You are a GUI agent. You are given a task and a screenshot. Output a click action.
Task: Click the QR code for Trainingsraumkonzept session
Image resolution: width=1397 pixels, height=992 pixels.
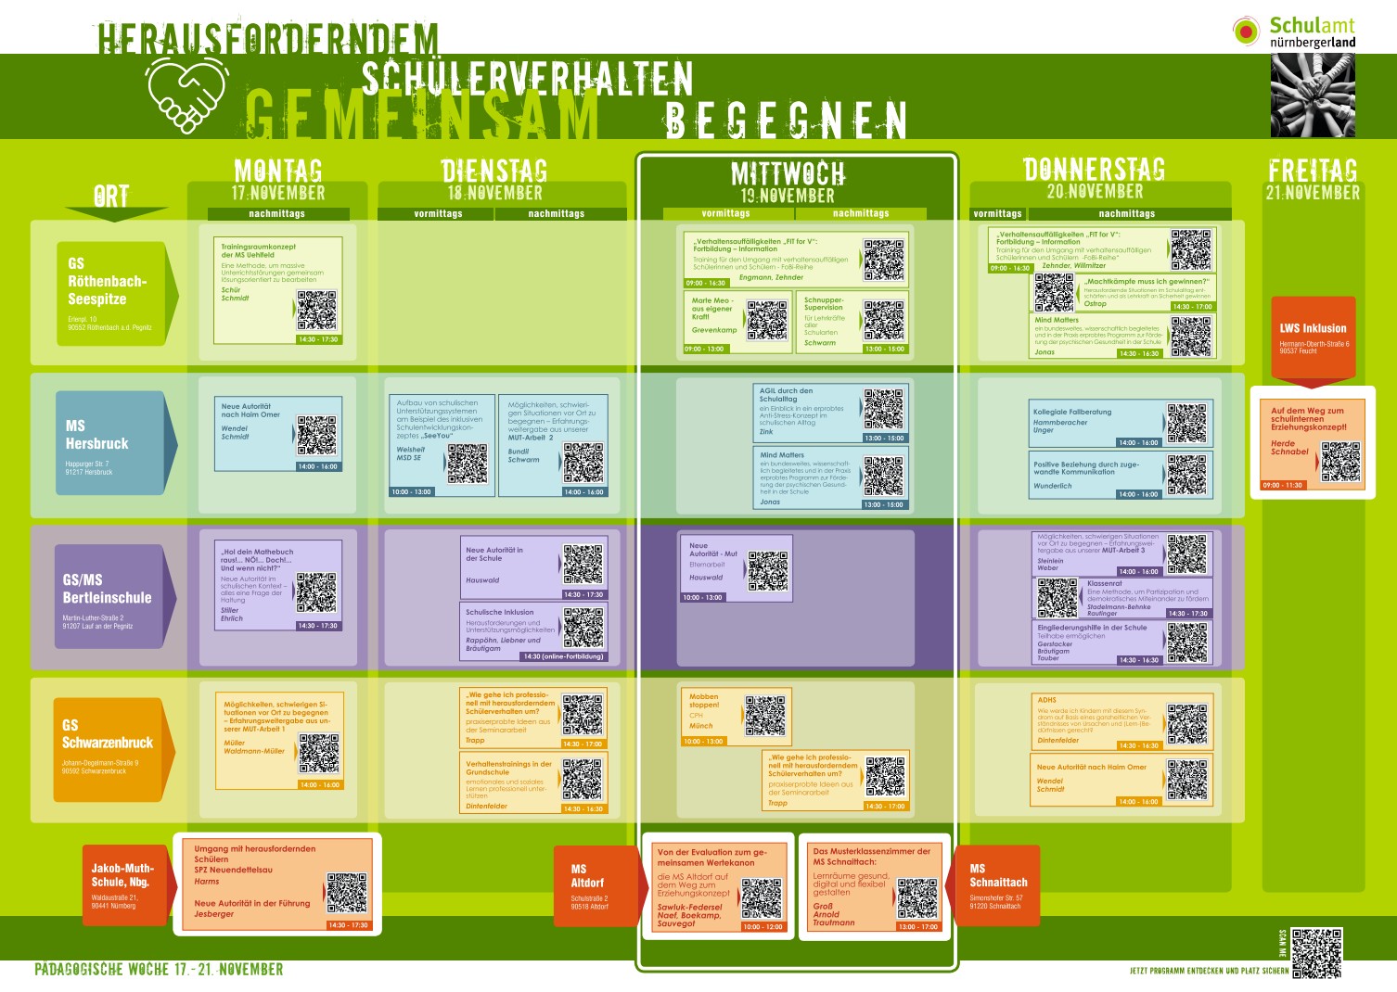(317, 311)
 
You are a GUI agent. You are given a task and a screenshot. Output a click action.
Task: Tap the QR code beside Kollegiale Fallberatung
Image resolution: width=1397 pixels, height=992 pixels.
(1186, 423)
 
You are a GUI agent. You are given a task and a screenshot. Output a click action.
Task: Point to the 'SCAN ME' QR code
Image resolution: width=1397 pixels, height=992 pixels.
(1316, 952)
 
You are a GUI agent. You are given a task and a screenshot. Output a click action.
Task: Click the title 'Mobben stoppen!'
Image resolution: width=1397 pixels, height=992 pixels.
(704, 700)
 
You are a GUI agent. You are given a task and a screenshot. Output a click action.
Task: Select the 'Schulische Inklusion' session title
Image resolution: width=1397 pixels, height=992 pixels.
(500, 612)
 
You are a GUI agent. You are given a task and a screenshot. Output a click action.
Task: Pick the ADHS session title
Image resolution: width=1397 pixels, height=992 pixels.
(1047, 700)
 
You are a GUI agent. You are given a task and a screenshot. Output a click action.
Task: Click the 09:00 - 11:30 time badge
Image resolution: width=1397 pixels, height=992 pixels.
(1282, 485)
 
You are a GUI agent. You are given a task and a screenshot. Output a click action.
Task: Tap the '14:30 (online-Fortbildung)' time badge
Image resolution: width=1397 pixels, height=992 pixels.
(563, 656)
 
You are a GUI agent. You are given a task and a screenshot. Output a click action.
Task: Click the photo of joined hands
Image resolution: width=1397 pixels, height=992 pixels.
(1313, 95)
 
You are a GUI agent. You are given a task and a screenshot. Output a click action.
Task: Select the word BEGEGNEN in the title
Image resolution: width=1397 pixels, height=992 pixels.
(786, 120)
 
